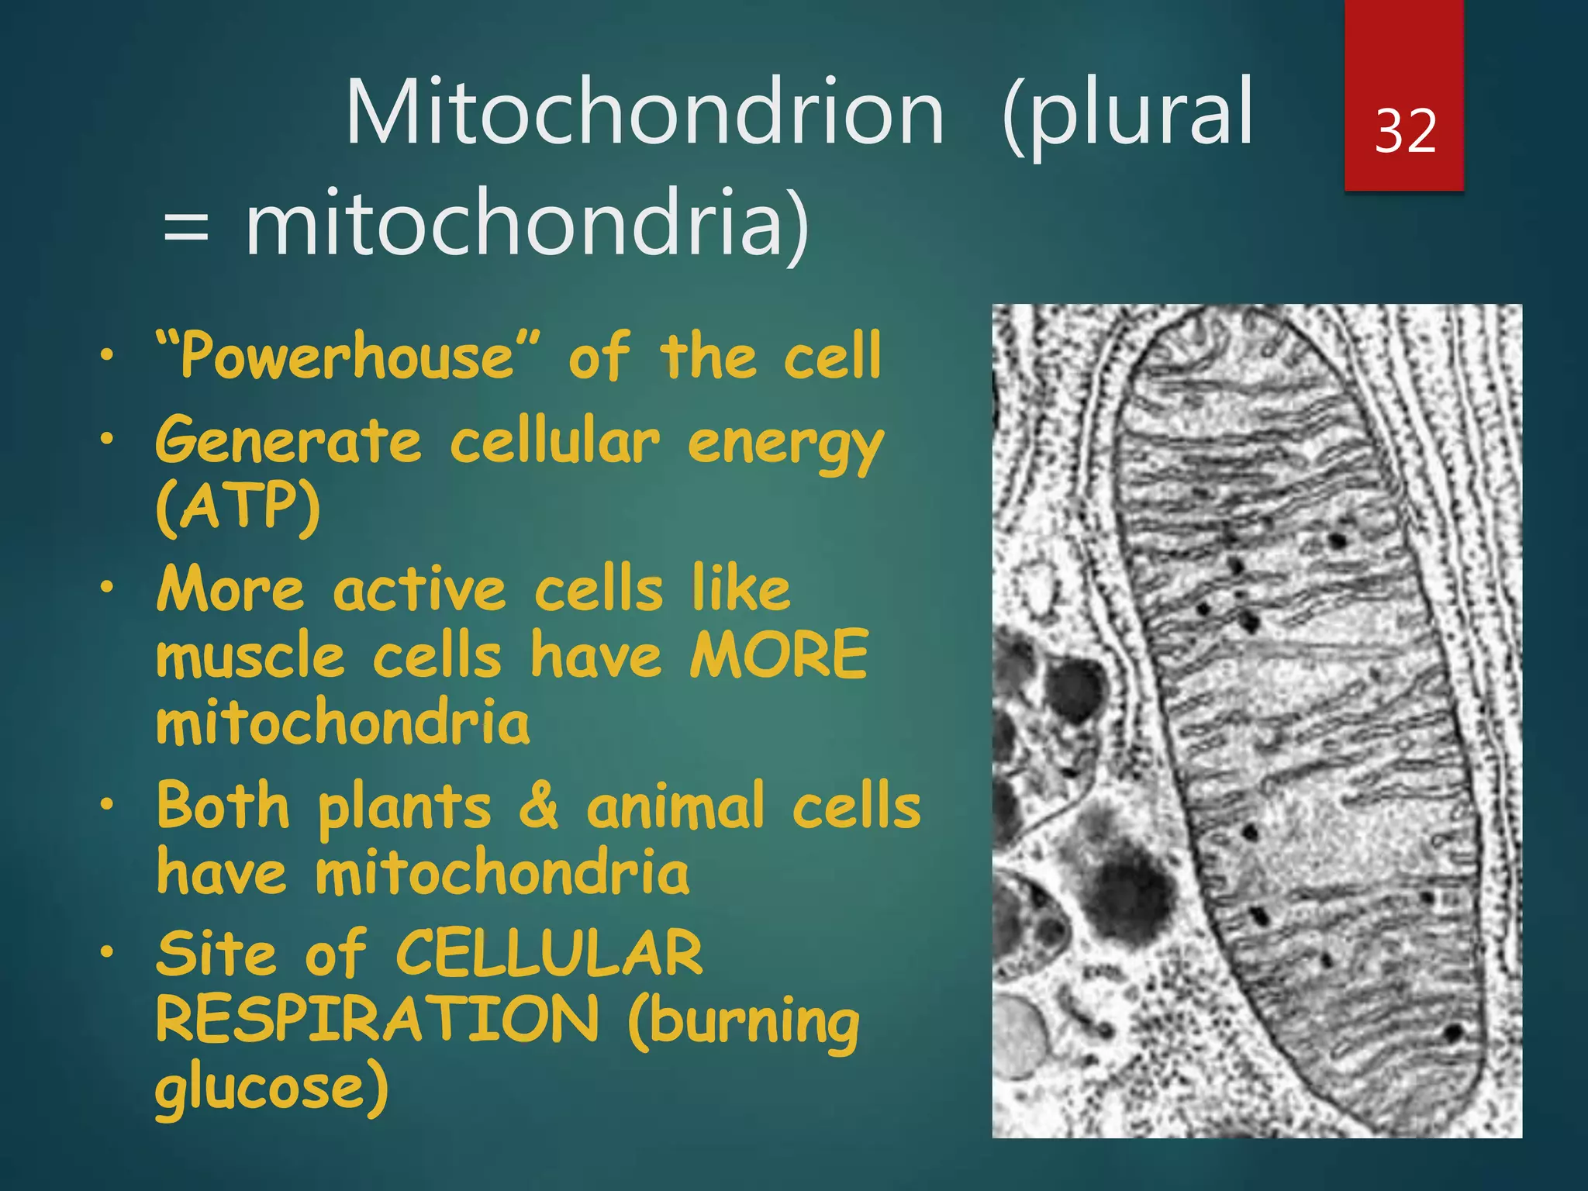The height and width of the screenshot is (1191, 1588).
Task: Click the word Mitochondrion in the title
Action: click(644, 112)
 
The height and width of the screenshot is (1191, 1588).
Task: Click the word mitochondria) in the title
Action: click(528, 225)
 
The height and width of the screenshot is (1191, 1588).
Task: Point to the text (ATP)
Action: click(238, 508)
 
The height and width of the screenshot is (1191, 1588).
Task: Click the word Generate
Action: click(288, 440)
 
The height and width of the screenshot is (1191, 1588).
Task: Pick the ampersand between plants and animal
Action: click(538, 806)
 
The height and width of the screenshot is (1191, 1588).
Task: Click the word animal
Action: click(675, 806)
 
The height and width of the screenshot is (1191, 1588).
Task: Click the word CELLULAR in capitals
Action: click(549, 953)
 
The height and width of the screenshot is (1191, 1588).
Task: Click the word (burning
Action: click(744, 1024)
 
